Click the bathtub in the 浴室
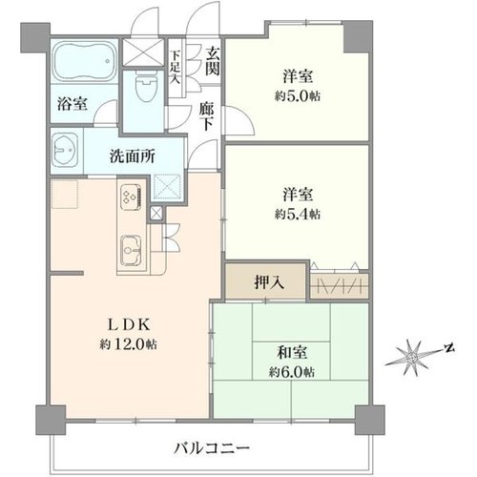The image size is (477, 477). (x=84, y=61)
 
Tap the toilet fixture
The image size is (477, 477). (x=146, y=86)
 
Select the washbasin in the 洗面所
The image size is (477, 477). (x=65, y=150)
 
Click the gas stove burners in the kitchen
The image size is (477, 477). (x=131, y=197)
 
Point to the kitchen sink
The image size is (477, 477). (x=131, y=250)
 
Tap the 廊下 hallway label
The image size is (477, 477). (x=206, y=116)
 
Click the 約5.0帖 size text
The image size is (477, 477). (x=298, y=95)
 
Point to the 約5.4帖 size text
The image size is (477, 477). (x=298, y=215)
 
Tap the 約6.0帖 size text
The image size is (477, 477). (x=292, y=371)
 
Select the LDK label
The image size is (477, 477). (x=128, y=324)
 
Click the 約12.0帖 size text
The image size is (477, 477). (x=128, y=343)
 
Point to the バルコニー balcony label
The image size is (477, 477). (x=212, y=448)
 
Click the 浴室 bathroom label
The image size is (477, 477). (x=73, y=103)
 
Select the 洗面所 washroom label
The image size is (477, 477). (x=133, y=156)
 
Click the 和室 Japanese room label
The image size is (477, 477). (x=292, y=352)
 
